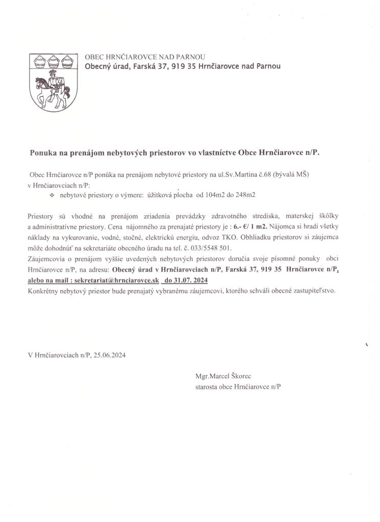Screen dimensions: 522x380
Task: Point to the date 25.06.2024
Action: tap(110, 355)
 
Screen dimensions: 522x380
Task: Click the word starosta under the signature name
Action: tap(206, 387)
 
